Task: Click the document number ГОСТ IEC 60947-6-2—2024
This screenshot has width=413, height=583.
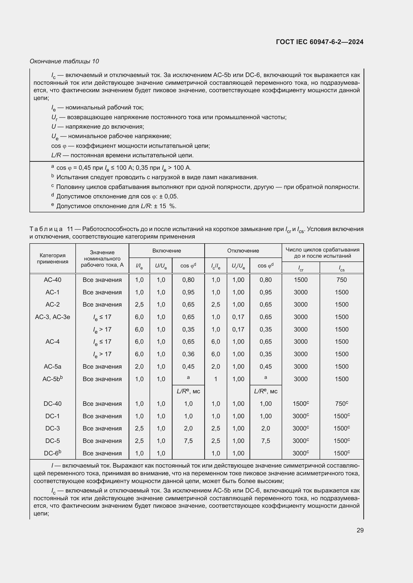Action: (319, 42)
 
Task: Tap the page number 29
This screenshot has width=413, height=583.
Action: (360, 530)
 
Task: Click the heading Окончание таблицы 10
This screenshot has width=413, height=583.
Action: (64, 61)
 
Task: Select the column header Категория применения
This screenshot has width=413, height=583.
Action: (52, 258)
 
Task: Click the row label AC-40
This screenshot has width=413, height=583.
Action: (52, 280)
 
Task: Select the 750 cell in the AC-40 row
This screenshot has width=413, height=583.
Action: (341, 280)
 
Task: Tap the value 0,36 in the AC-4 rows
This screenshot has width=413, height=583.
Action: (188, 354)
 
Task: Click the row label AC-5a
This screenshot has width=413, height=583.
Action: (52, 366)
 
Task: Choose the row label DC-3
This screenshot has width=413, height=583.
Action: (52, 428)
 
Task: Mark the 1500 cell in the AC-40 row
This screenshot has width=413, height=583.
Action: (301, 280)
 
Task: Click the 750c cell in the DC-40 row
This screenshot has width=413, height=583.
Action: (341, 404)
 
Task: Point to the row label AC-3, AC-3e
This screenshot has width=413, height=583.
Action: (52, 317)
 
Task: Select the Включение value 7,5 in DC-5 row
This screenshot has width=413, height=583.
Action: (188, 441)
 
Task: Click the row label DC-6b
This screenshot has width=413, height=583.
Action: (52, 453)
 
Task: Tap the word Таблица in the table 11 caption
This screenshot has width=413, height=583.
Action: (46, 229)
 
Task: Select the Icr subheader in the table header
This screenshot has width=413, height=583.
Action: (301, 268)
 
